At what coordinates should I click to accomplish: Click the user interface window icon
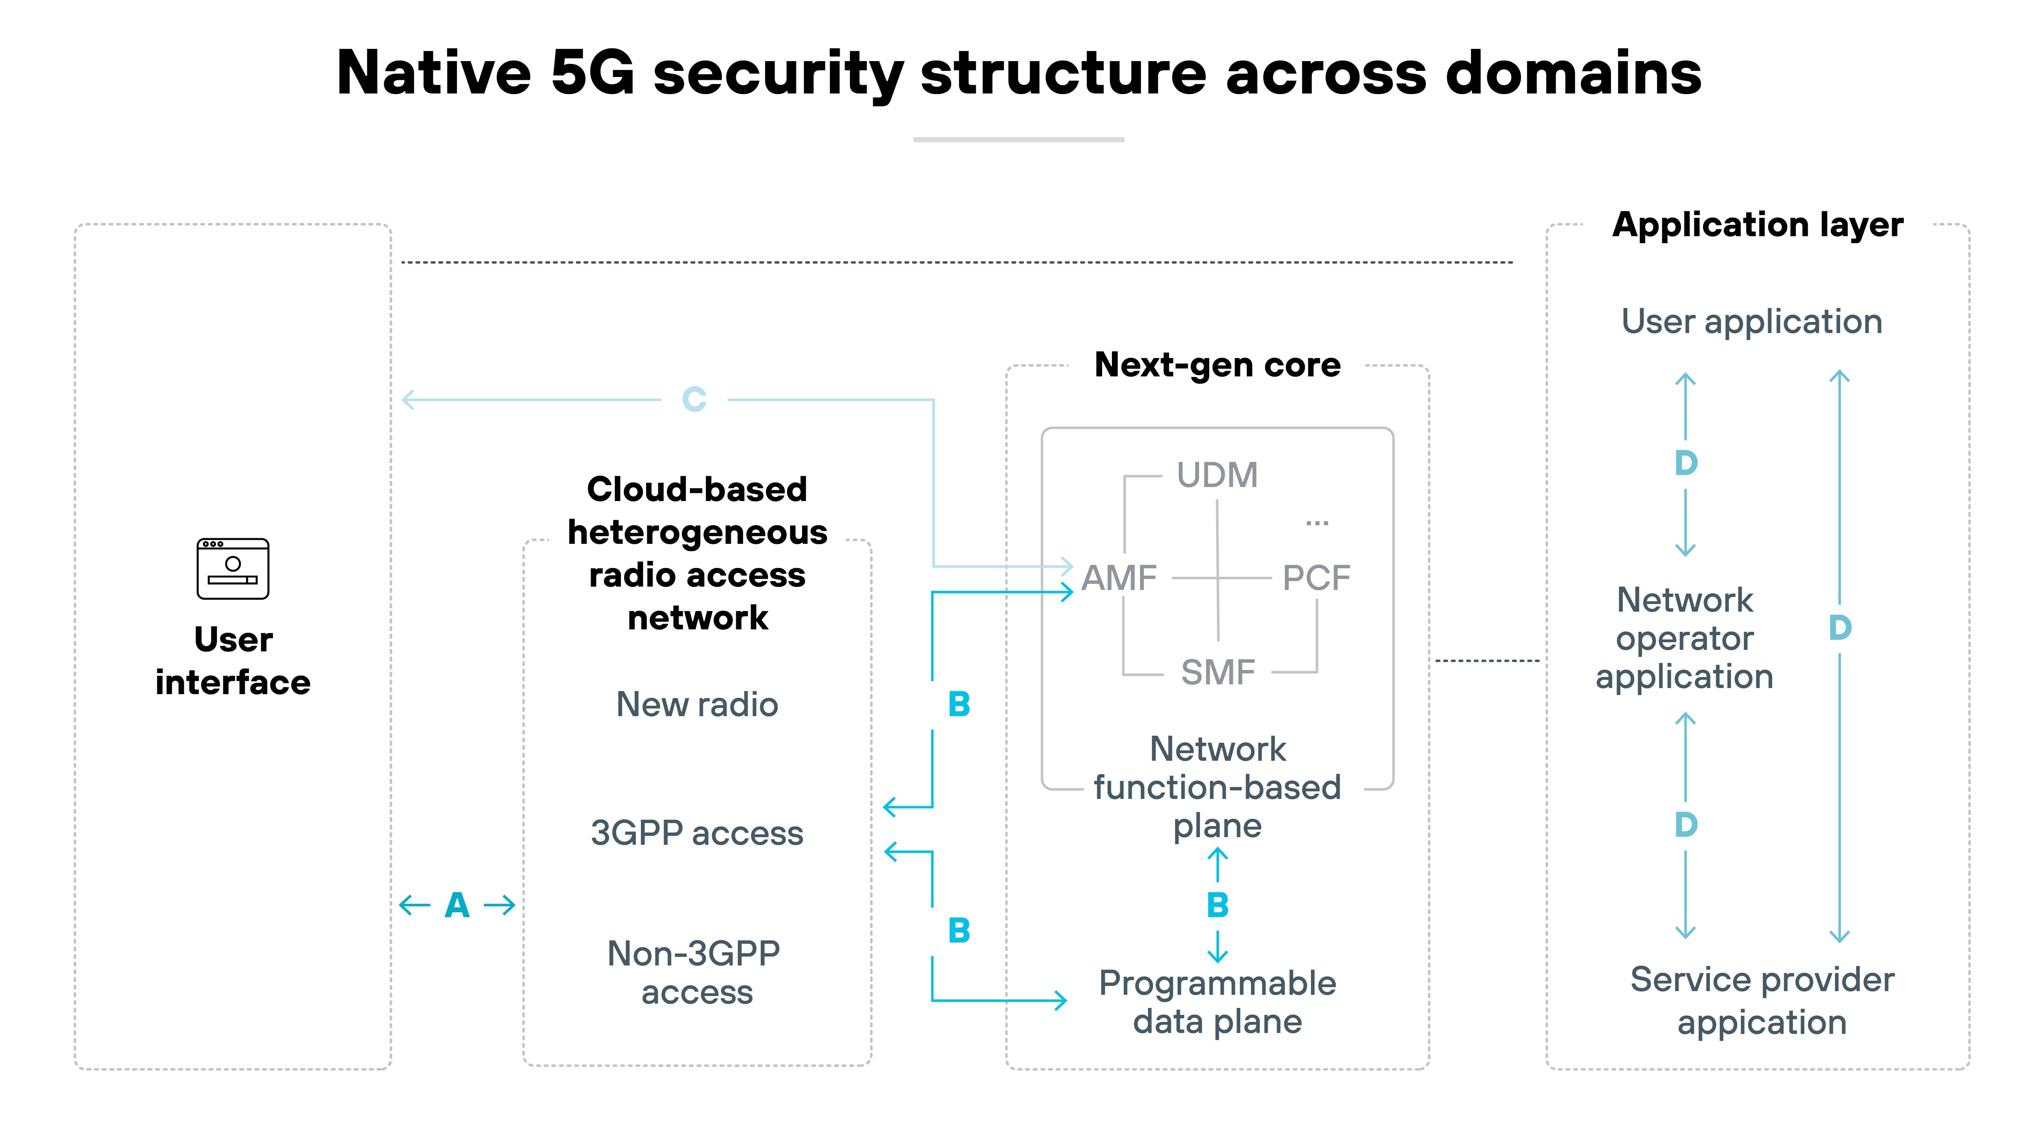pyautogui.click(x=233, y=569)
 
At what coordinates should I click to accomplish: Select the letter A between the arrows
pyautogui.click(x=457, y=905)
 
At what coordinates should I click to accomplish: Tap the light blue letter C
pyautogui.click(x=694, y=399)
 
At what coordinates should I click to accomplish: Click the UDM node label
pyautogui.click(x=1217, y=475)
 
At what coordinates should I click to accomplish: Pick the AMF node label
pyautogui.click(x=1119, y=578)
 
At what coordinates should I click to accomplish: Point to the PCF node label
pyautogui.click(x=1317, y=578)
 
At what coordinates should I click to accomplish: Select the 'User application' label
pyautogui.click(x=1751, y=322)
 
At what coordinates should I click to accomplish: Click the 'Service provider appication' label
pyautogui.click(x=1762, y=1001)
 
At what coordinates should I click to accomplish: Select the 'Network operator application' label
pyautogui.click(x=1684, y=638)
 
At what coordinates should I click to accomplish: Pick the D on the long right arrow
pyautogui.click(x=1839, y=628)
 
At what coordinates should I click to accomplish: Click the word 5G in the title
pyautogui.click(x=592, y=73)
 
